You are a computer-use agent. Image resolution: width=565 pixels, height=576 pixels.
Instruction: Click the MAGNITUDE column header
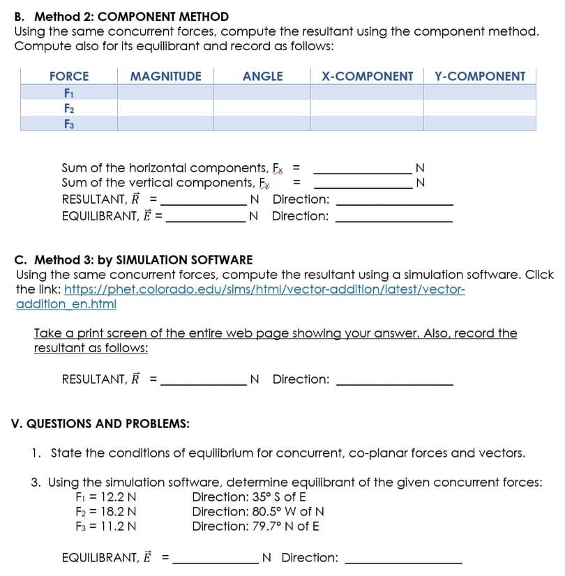(165, 76)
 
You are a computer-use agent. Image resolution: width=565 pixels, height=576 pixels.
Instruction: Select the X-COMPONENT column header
(367, 76)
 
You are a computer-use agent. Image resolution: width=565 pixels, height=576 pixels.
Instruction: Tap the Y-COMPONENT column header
(480, 76)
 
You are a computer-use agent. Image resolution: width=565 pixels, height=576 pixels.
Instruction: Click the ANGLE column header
(262, 76)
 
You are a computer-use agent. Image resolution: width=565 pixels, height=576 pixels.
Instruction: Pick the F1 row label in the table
(69, 92)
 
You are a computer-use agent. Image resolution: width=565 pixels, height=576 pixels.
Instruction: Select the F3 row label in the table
(69, 123)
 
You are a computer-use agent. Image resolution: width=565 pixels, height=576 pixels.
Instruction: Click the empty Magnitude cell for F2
(165, 108)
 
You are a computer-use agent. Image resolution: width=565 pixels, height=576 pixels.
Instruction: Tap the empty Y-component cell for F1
(480, 92)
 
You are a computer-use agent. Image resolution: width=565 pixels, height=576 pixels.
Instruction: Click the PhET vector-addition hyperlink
(269, 289)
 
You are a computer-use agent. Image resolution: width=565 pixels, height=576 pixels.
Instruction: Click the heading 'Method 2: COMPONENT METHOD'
(132, 16)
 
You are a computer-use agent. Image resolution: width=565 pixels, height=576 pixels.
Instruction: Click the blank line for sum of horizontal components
(363, 168)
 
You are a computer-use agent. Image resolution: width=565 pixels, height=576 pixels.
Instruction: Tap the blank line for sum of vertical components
(363, 183)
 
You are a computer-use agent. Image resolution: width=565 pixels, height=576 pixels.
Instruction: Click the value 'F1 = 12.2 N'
(106, 497)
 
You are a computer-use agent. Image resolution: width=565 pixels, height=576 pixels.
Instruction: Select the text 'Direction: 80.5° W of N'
(258, 511)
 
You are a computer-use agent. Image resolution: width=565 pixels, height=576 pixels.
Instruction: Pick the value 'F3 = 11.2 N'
(106, 526)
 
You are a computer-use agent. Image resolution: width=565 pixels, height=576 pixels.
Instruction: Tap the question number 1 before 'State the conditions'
(36, 453)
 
